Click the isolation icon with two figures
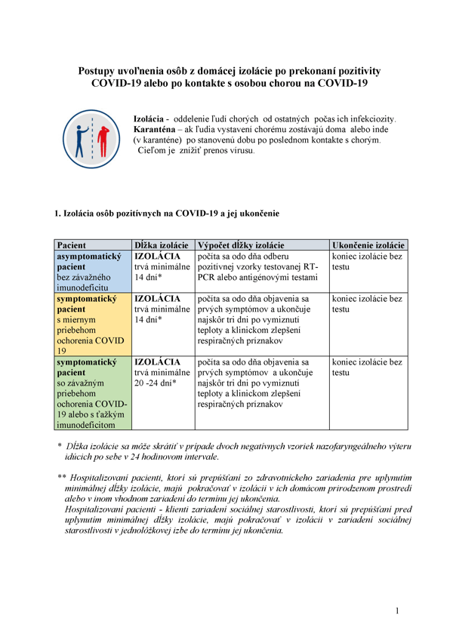(x=89, y=138)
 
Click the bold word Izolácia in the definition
(x=151, y=120)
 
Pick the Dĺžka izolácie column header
(x=162, y=245)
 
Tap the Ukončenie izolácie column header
(x=368, y=245)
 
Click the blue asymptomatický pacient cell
(x=93, y=272)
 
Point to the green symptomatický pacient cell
(x=93, y=393)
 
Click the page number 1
(x=396, y=610)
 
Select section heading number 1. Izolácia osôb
(x=167, y=214)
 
